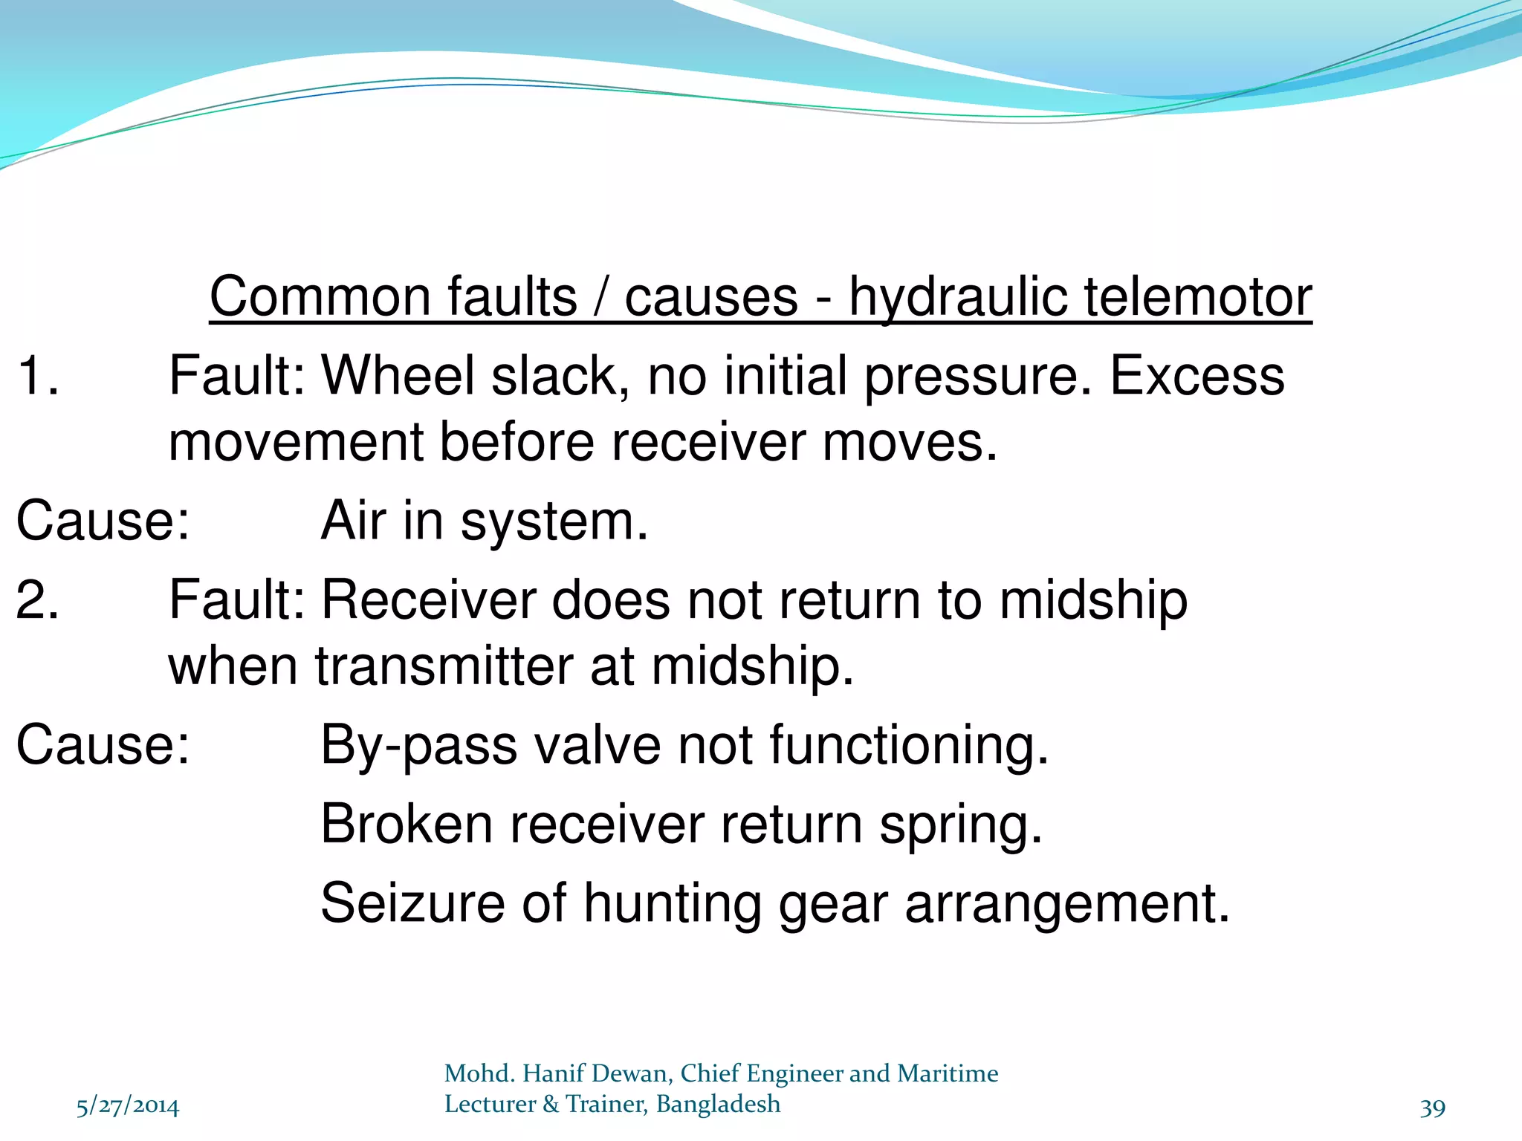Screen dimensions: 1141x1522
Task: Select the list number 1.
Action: (37, 375)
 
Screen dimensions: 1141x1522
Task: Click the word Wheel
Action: (398, 375)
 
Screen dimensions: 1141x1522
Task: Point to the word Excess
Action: (1196, 375)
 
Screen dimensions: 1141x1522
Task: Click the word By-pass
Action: (418, 745)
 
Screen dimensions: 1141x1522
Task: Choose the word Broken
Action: (407, 825)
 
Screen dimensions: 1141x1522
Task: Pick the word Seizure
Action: (412, 903)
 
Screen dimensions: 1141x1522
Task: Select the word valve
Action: (597, 745)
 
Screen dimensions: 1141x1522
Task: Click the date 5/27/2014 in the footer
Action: (128, 1107)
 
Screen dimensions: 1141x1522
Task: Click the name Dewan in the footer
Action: (632, 1073)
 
